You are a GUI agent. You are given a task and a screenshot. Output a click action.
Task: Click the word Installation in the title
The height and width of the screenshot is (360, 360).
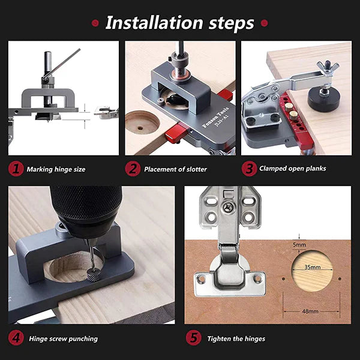(x=154, y=23)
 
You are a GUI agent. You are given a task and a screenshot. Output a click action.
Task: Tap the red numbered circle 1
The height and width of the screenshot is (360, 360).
(x=16, y=169)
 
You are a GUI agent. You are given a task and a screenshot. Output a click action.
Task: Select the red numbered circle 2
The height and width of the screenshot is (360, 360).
(x=133, y=169)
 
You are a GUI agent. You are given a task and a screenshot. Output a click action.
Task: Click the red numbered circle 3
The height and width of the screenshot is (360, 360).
(x=249, y=169)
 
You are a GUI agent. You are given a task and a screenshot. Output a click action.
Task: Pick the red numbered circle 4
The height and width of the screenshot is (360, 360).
(x=16, y=338)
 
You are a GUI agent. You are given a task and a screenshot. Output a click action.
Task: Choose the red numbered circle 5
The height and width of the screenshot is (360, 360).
(x=194, y=338)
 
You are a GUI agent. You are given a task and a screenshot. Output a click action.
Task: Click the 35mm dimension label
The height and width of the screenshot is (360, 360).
(x=313, y=267)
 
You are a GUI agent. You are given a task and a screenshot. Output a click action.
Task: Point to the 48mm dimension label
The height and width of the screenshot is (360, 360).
(x=310, y=311)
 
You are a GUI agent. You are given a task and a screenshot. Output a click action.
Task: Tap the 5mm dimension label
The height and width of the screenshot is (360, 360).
(x=299, y=245)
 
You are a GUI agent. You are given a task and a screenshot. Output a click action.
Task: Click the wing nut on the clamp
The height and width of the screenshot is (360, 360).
(x=328, y=67)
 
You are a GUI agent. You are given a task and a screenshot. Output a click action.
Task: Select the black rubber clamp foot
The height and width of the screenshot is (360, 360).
(x=324, y=100)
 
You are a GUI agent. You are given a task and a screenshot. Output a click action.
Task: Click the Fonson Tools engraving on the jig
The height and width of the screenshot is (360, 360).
(x=215, y=117)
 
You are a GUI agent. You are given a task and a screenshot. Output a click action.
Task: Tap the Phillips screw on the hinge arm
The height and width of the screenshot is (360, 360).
(x=229, y=207)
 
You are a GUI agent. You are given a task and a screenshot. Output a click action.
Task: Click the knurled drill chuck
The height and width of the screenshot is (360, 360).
(x=86, y=205)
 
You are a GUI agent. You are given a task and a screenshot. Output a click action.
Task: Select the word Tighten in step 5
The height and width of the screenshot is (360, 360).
(x=217, y=338)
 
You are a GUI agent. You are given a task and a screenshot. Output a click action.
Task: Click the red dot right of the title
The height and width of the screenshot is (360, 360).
(x=264, y=23)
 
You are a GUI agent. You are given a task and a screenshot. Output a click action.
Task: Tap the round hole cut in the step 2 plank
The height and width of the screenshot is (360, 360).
(x=142, y=123)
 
